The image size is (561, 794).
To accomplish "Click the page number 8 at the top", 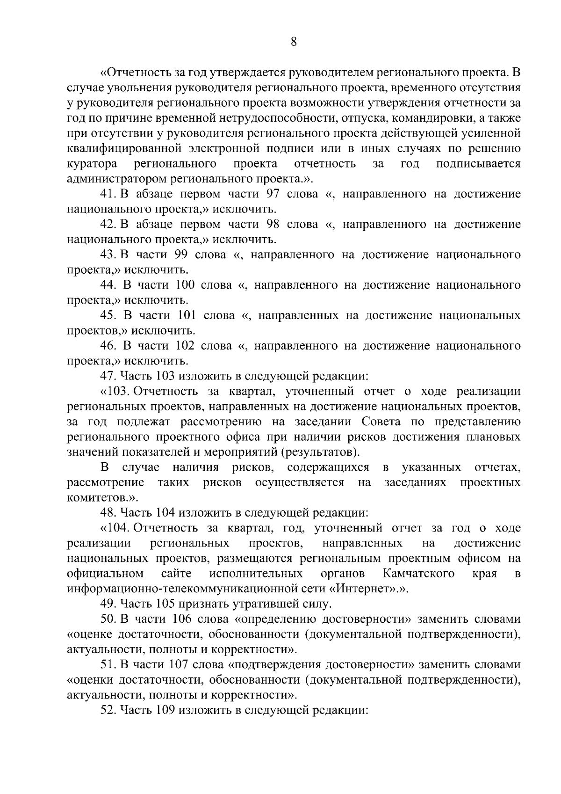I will point(294,42).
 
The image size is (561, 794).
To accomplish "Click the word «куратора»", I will point(92,164).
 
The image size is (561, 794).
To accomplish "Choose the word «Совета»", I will point(381,422).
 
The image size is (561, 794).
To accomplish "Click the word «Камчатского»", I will point(418,574).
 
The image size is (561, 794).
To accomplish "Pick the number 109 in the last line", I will point(163,710).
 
